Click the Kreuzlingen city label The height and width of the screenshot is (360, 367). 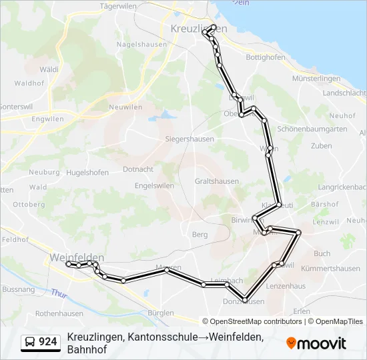[x=198, y=29]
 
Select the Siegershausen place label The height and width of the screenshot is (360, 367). [x=189, y=139]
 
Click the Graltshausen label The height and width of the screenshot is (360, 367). [x=216, y=181]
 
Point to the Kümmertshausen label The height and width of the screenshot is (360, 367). [x=331, y=268]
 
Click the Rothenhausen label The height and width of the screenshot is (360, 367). [x=59, y=313]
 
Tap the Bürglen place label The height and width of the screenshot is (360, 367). [x=161, y=313]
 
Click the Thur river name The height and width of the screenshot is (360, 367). [x=59, y=293]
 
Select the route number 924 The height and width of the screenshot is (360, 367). [x=47, y=342]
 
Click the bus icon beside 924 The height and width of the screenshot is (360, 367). [x=31, y=342]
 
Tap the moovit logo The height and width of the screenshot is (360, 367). [x=316, y=343]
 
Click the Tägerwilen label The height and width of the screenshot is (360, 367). [x=117, y=6]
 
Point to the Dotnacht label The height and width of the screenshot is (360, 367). [x=138, y=169]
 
